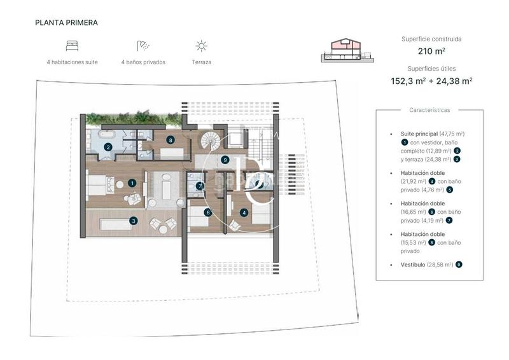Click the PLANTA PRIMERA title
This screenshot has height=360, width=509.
coord(66,22)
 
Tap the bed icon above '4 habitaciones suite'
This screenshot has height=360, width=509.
coord(72,46)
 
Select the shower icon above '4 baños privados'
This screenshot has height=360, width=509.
coord(143,46)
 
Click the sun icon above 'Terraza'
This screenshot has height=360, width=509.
coord(201,46)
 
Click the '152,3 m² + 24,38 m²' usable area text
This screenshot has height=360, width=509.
coord(431,81)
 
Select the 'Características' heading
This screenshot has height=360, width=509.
coord(429,110)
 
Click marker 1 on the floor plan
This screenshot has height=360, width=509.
coord(132,183)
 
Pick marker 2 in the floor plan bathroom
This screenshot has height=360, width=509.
coord(108,147)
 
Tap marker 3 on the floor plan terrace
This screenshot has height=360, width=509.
coord(133,221)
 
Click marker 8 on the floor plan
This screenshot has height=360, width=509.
coord(171,139)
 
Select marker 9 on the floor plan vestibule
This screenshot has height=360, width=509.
coord(225,160)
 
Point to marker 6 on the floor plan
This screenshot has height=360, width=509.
coord(207,212)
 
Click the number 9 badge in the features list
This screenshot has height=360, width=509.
coord(459,264)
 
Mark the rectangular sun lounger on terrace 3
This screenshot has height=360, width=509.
coord(116,223)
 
